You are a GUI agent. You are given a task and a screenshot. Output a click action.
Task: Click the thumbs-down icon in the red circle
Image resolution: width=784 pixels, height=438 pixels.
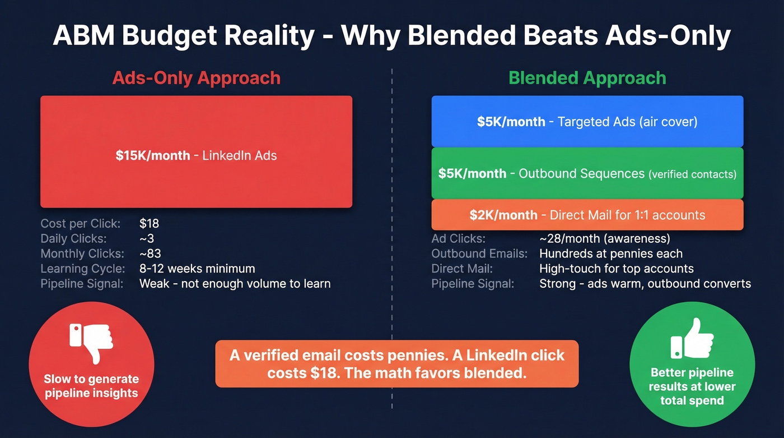tap(91, 342)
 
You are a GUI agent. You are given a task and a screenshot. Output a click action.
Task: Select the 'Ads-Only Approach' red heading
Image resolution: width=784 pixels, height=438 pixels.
tap(196, 77)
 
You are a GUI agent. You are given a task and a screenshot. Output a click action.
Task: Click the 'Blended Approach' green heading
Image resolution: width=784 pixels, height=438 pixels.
tap(587, 77)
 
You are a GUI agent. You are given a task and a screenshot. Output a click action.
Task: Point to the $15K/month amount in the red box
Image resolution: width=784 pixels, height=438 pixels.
tap(152, 155)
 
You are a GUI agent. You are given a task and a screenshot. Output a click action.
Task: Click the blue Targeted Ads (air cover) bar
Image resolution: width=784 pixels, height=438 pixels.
tap(587, 122)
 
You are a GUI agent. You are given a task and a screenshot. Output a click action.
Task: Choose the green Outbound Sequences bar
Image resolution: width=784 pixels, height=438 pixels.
tap(587, 173)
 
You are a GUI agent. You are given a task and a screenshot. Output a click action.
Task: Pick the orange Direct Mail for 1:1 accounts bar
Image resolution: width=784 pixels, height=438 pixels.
tap(587, 215)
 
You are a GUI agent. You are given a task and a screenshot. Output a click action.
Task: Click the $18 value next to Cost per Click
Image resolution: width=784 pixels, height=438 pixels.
tap(149, 223)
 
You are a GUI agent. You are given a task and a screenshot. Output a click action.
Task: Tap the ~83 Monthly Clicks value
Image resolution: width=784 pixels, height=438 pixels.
tap(150, 253)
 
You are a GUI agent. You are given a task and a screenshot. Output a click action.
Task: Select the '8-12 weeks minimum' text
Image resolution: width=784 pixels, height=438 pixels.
tap(197, 269)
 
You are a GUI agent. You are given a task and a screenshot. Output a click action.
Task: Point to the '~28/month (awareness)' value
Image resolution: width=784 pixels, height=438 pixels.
tap(604, 239)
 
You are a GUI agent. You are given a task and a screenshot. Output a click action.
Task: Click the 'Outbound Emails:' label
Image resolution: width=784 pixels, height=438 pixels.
tap(479, 253)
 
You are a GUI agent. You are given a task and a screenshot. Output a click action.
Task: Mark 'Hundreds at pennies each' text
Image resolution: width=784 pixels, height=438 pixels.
tap(610, 253)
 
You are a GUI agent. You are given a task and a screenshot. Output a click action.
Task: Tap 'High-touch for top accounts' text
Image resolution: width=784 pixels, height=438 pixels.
tap(616, 269)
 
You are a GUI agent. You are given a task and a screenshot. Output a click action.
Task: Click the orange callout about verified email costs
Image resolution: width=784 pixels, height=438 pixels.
tap(396, 364)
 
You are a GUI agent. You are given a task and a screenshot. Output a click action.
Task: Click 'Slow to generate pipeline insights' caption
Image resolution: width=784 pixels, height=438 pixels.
tap(91, 386)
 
